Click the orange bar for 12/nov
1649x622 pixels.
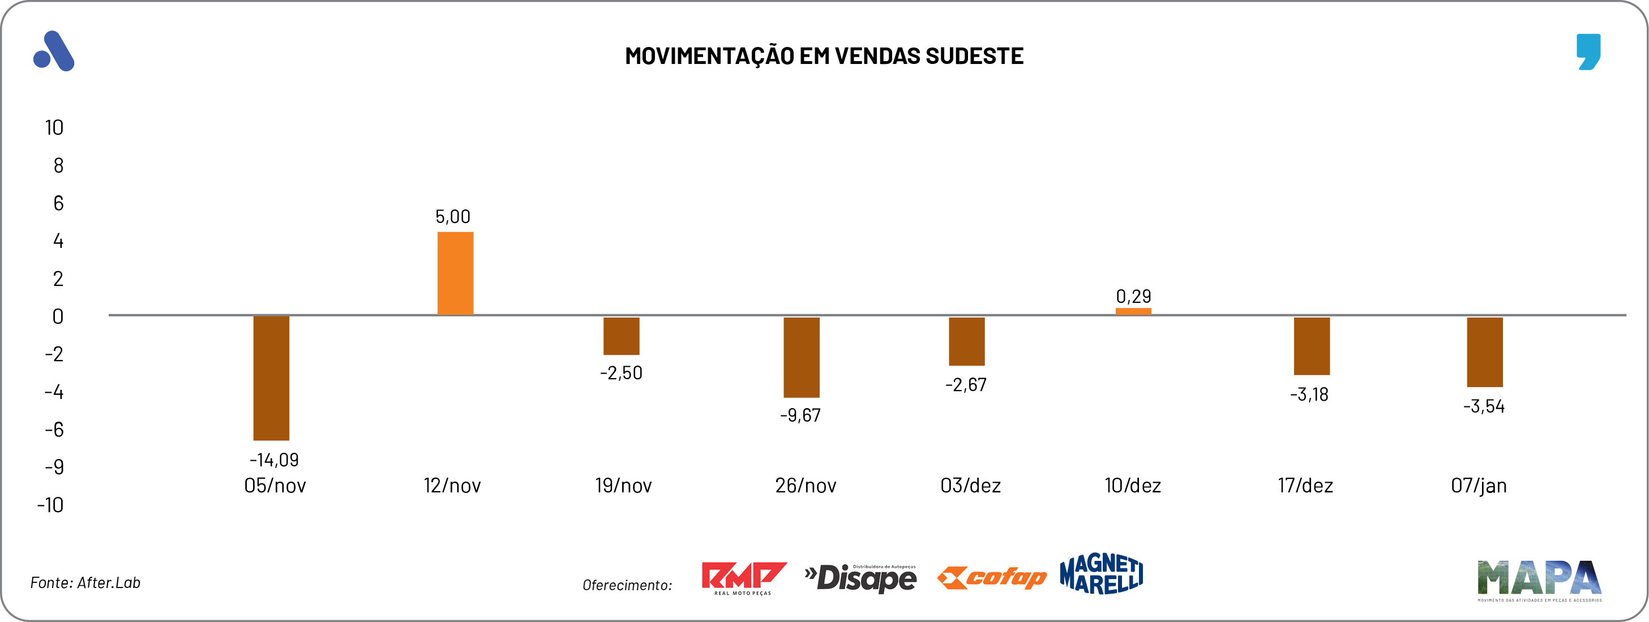[455, 273]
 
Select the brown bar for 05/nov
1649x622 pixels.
[271, 378]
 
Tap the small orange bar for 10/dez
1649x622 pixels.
[1133, 312]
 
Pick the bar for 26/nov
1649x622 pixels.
[802, 357]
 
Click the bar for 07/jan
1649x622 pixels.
[1484, 352]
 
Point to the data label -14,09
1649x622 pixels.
[274, 460]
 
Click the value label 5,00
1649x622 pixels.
[452, 217]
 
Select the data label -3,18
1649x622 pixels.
[1309, 394]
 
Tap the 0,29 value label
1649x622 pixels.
[1133, 296]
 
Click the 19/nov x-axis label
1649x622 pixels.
[623, 486]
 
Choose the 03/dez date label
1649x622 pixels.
[970, 486]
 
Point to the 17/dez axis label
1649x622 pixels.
[1305, 486]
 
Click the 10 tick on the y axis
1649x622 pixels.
[54, 128]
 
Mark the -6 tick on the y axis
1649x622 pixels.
[54, 430]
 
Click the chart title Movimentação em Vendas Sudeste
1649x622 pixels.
[824, 56]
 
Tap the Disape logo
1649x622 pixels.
[860, 578]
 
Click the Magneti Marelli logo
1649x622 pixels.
[1101, 574]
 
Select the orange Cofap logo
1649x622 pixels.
[992, 577]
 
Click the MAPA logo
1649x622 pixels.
[1539, 579]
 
